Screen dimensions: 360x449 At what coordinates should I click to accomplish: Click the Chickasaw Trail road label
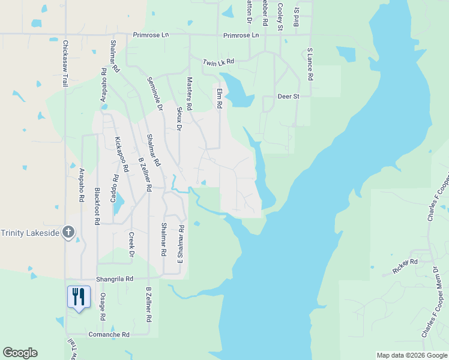[x=65, y=63]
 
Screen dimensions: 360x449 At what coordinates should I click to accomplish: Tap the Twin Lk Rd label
[x=217, y=62]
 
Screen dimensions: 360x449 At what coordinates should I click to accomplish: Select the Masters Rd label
[x=189, y=93]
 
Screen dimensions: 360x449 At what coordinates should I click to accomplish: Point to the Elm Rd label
[x=220, y=97]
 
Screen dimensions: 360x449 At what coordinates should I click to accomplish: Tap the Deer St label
[x=288, y=96]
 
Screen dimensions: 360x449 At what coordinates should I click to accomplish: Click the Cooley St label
[x=280, y=16]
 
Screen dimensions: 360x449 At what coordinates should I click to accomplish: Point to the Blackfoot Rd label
[x=97, y=206]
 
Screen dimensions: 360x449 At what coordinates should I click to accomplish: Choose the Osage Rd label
[x=103, y=310]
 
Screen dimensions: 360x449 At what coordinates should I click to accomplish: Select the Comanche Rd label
[x=109, y=334]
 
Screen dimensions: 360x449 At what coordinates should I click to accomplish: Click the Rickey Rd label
[x=405, y=266]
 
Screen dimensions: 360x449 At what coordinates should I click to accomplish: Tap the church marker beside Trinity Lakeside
[x=68, y=232]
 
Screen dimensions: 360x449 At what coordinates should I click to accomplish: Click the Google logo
[x=20, y=353]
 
